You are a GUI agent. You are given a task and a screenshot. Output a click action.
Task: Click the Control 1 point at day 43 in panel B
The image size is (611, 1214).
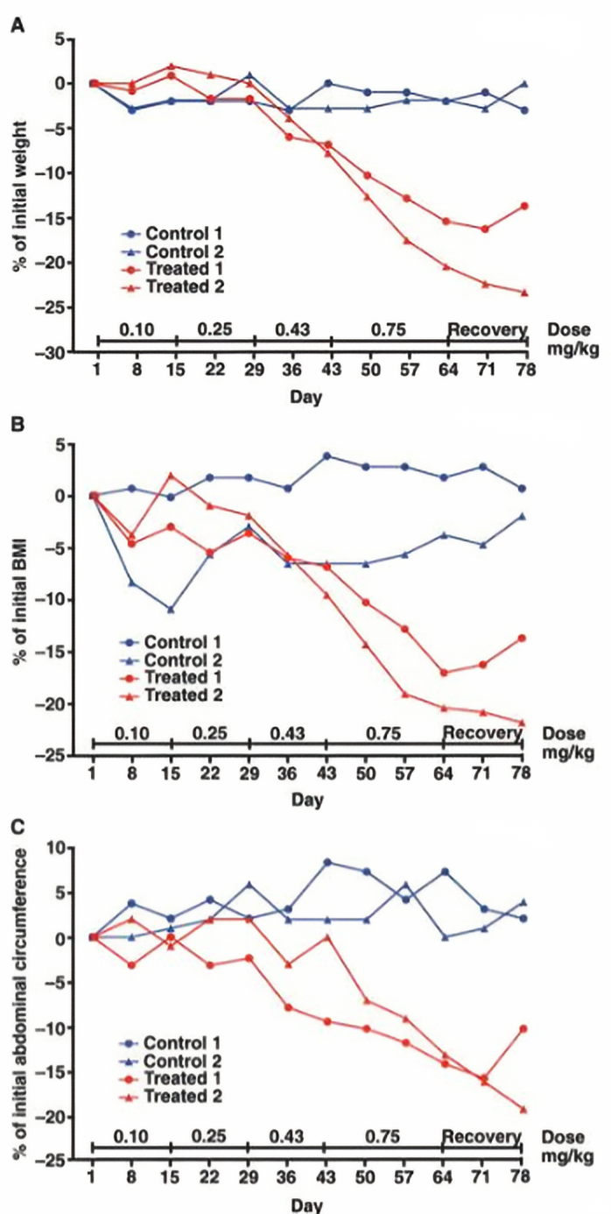(326, 456)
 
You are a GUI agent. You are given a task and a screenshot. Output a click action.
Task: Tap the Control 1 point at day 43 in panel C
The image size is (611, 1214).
(327, 863)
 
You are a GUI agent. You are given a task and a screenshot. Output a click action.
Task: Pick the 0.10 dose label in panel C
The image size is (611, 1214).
(131, 1137)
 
